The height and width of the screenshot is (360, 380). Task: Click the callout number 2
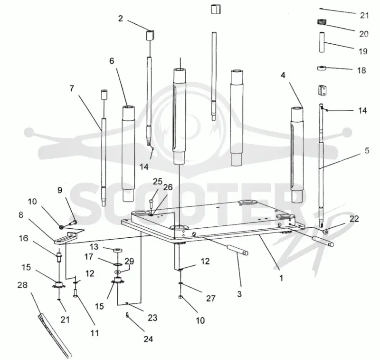tap(121, 19)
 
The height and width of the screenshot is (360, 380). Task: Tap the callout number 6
tap(112, 61)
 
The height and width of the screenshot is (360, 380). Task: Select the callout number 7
tap(72, 88)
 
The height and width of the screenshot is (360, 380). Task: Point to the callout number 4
tap(283, 76)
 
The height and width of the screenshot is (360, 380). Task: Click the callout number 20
tap(363, 34)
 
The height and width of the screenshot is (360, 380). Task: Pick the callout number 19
tap(363, 51)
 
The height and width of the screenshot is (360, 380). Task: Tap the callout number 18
tap(361, 70)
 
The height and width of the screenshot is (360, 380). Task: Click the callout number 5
tap(367, 151)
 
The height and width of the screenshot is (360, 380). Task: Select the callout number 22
tap(354, 219)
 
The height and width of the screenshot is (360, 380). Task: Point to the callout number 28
tap(22, 285)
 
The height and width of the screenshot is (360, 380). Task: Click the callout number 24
tap(148, 339)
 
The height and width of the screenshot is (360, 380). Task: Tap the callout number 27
tap(210, 298)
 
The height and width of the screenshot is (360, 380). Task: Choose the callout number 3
tap(239, 294)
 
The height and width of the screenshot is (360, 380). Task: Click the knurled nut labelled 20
tap(322, 22)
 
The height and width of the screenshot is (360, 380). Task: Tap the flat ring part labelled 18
tap(322, 68)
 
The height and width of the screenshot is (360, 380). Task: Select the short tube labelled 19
tap(322, 42)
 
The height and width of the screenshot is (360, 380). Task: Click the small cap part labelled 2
tap(150, 35)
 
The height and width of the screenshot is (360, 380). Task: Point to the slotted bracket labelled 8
tap(65, 238)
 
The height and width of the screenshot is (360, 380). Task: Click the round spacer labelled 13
tap(117, 250)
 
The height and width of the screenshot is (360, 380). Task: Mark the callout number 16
tap(23, 238)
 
